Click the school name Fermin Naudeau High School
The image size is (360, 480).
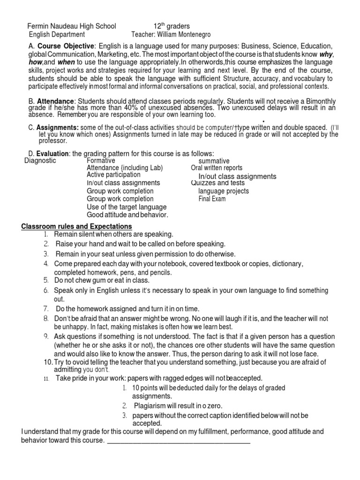[x=72, y=26]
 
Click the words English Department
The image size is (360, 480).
[x=57, y=35]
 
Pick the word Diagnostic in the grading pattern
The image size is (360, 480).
[x=40, y=161]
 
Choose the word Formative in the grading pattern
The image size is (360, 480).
[x=101, y=161]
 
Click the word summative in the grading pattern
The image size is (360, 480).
[x=214, y=161]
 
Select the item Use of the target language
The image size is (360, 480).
[x=127, y=207]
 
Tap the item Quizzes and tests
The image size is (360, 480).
[x=218, y=183]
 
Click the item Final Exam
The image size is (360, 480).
[x=212, y=199]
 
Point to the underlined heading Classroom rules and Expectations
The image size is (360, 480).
[x=77, y=227]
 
